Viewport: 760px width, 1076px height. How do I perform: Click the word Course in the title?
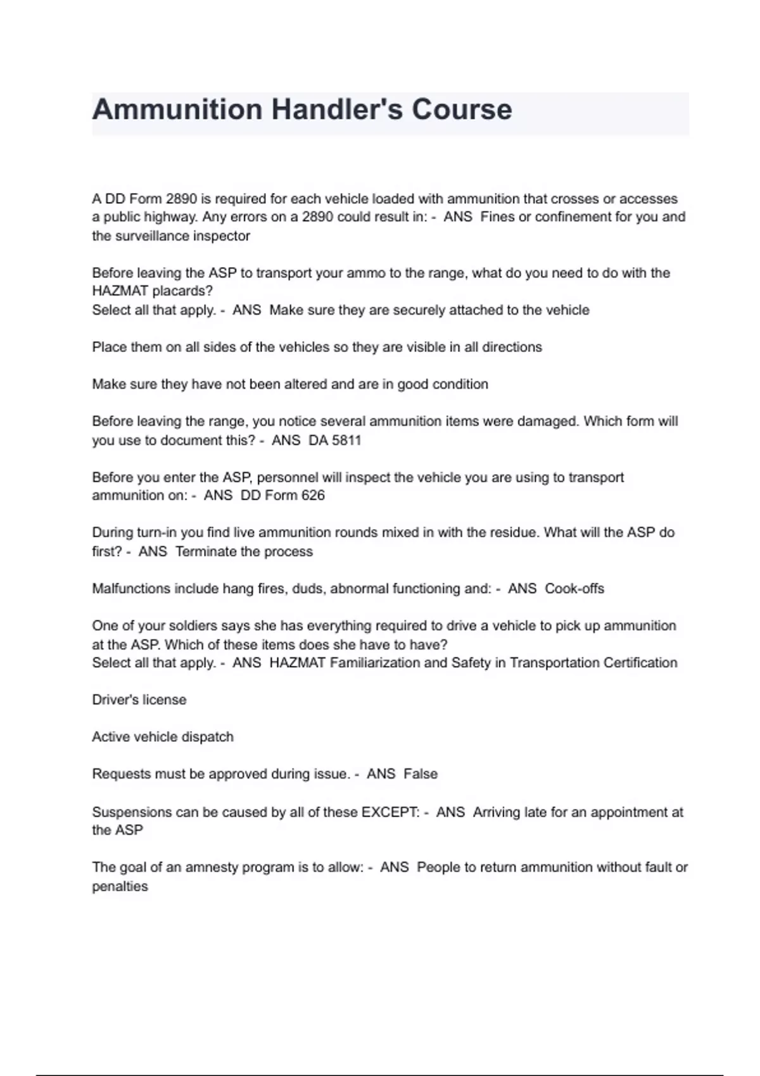(462, 109)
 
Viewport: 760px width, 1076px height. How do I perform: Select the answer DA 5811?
(334, 440)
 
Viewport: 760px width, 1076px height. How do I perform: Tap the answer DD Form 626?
(282, 495)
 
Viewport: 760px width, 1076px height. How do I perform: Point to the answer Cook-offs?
(574, 589)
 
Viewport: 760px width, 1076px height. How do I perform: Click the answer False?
(421, 773)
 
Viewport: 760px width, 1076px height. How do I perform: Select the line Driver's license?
(139, 699)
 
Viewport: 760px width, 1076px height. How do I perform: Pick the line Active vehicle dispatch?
(163, 737)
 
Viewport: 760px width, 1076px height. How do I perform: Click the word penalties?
(120, 886)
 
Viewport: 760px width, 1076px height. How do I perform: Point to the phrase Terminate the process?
(244, 551)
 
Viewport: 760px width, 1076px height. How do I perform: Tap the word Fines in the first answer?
(498, 216)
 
